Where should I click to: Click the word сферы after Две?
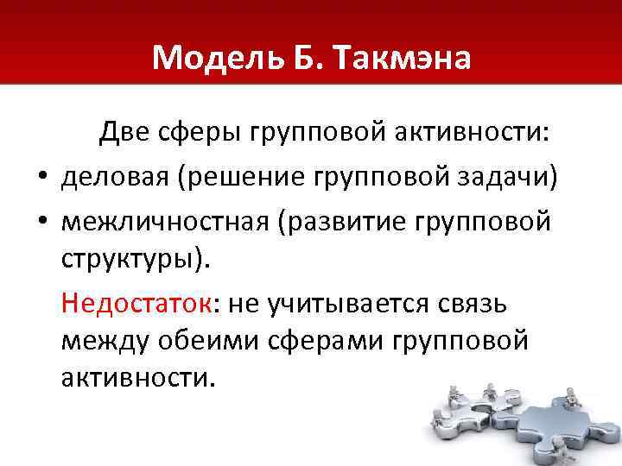pos(201,134)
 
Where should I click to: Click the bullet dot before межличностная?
pos(41,223)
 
